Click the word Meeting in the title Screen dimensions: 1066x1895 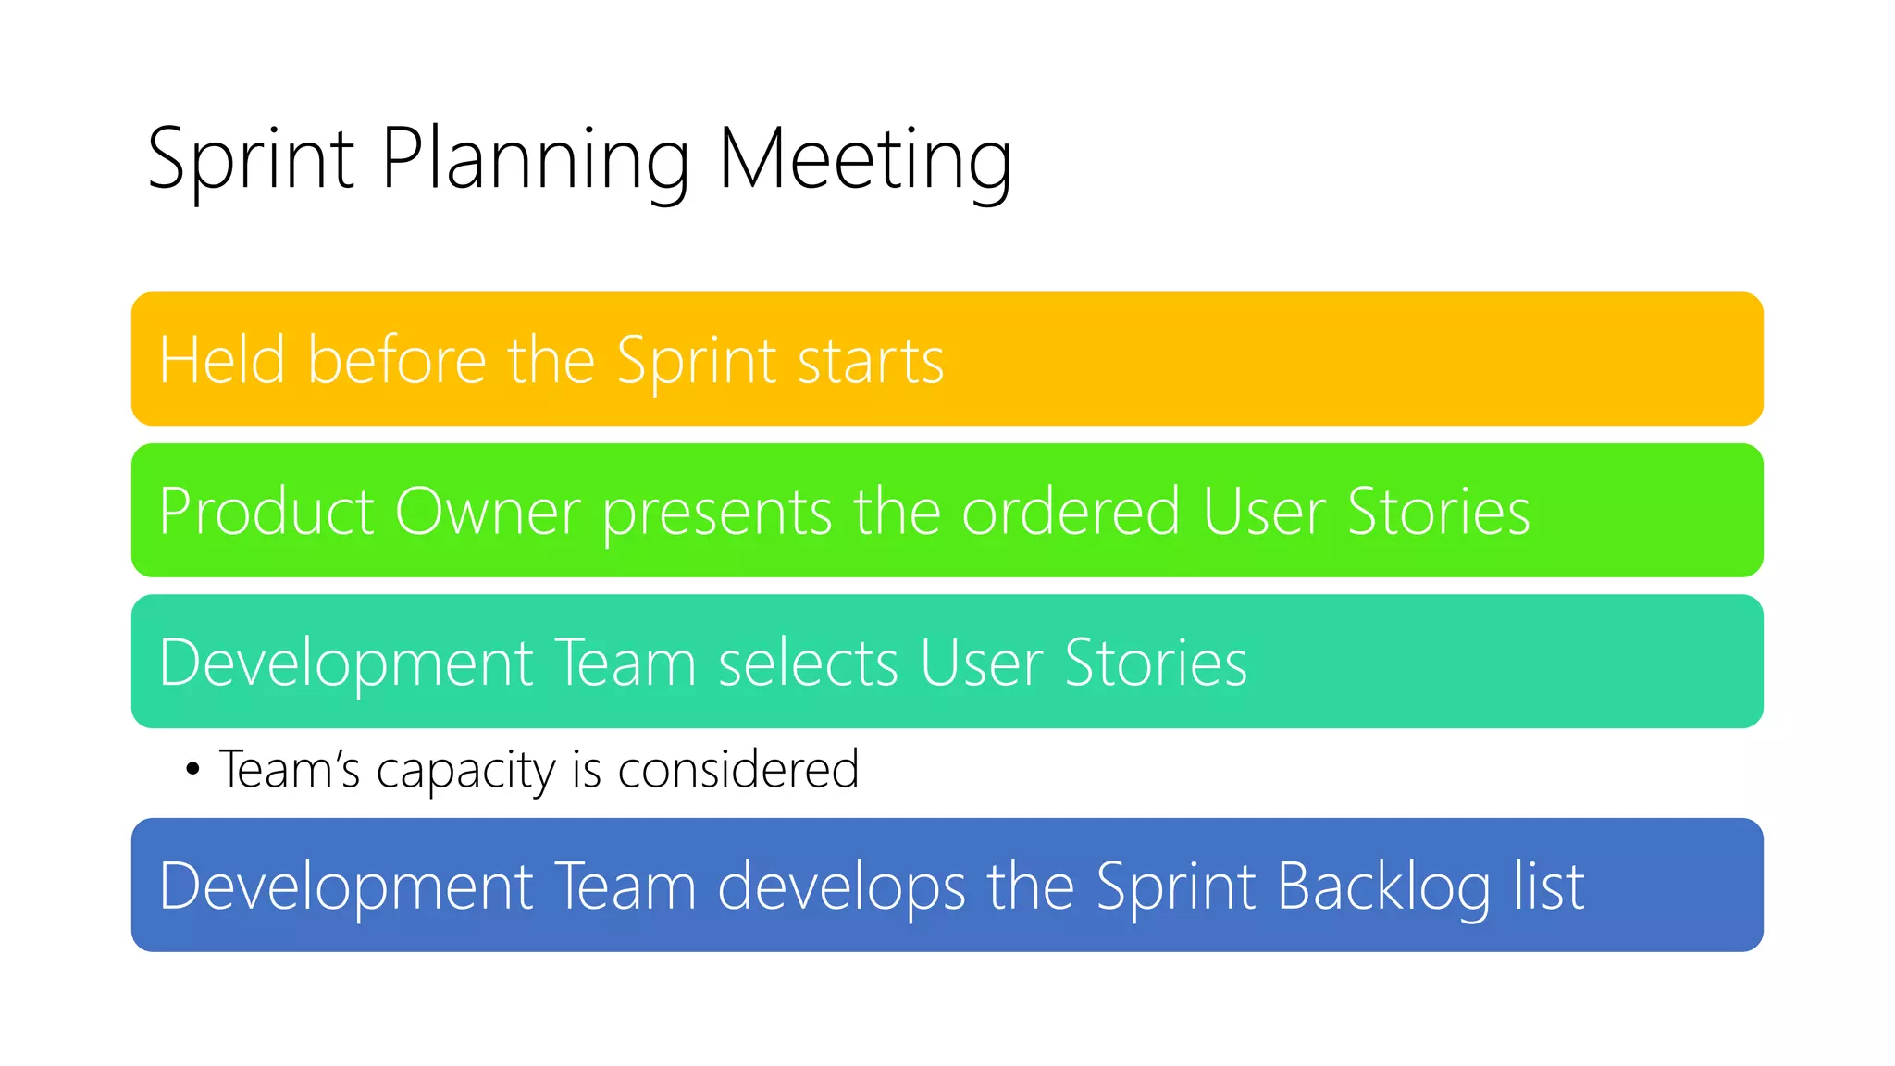pos(864,159)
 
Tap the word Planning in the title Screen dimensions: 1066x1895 pos(535,159)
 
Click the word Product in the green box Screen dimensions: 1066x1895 pos(266,511)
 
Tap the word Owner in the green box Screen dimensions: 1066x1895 pos(488,511)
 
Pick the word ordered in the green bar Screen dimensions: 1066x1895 pos(1071,511)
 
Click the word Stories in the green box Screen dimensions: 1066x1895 pos(1438,511)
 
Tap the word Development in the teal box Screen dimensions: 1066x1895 pos(346,664)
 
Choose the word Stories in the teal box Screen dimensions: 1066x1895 pos(1156,663)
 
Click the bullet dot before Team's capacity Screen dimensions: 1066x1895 pos(192,769)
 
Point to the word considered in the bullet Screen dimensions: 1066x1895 pos(737,769)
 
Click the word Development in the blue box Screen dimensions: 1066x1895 pos(346,887)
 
